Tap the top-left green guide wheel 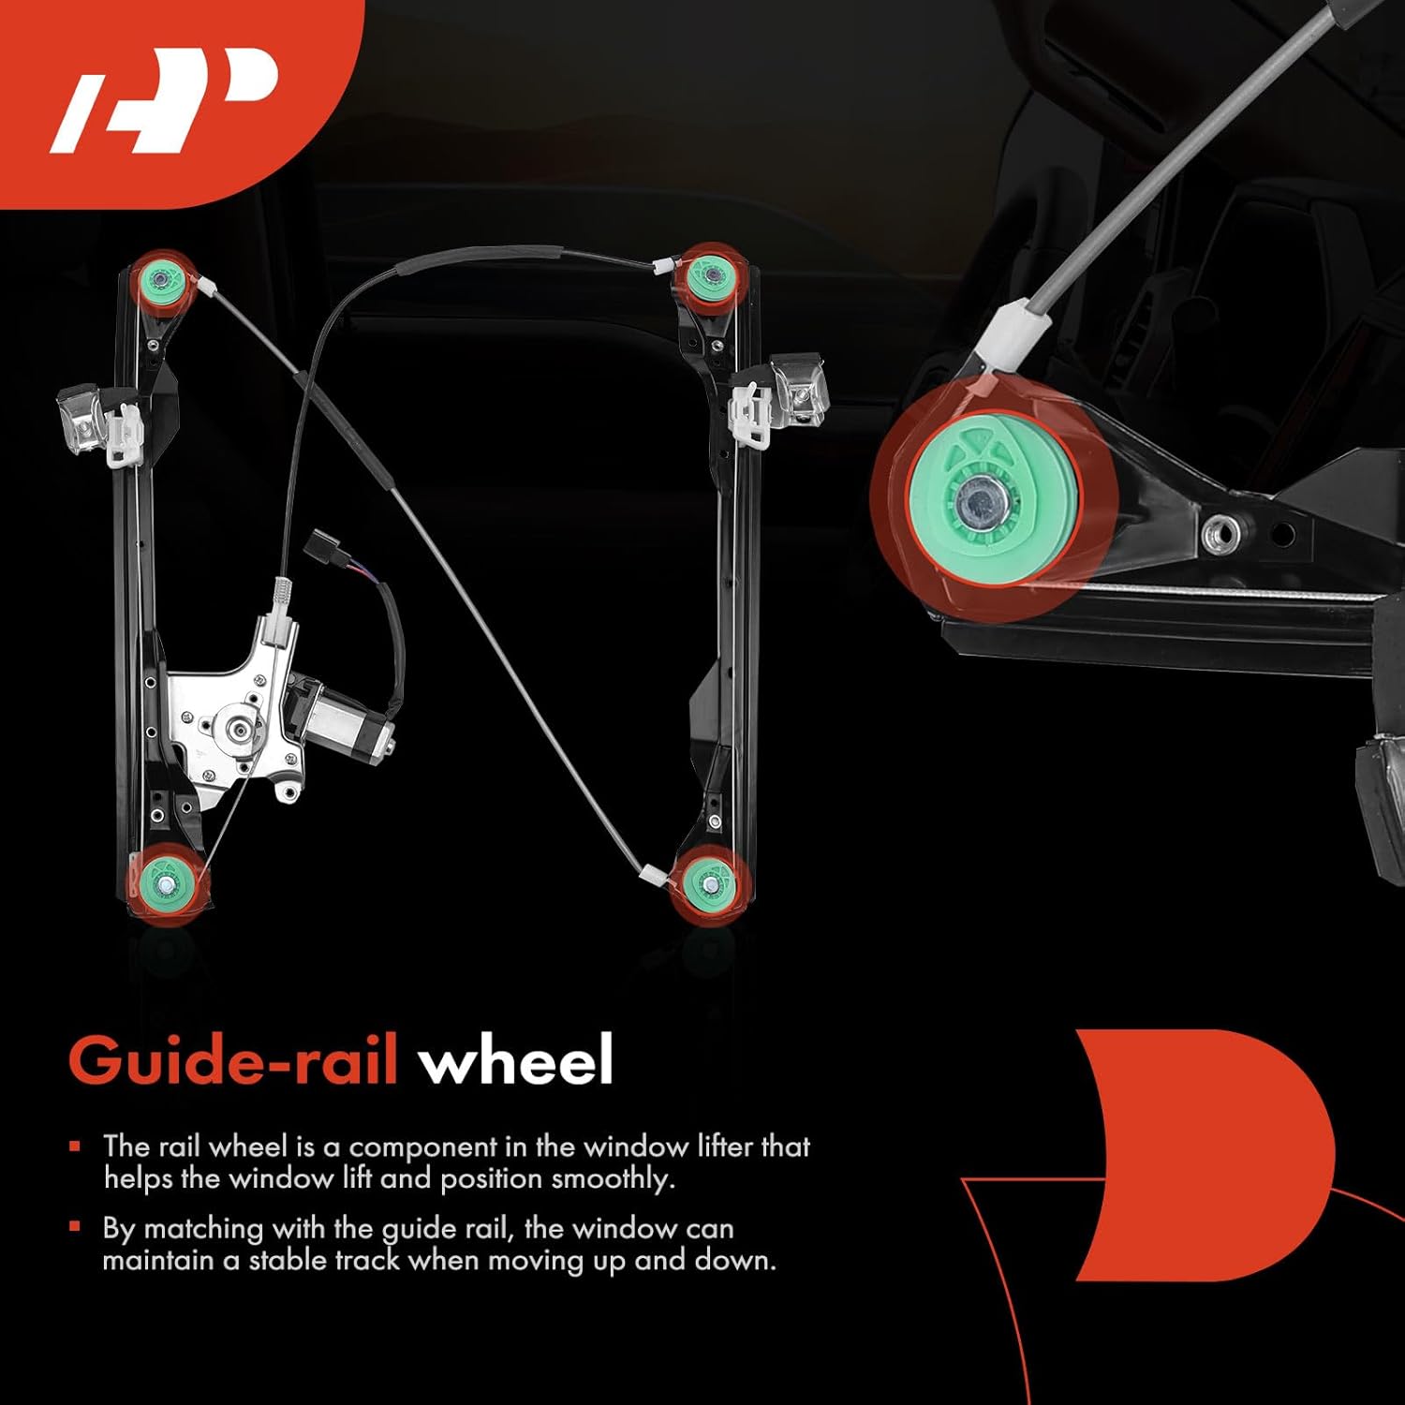point(162,279)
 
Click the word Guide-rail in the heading point(233,1061)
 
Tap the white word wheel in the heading point(516,1061)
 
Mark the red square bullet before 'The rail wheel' point(75,1146)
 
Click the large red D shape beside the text point(1208,1153)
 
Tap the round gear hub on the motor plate point(233,725)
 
